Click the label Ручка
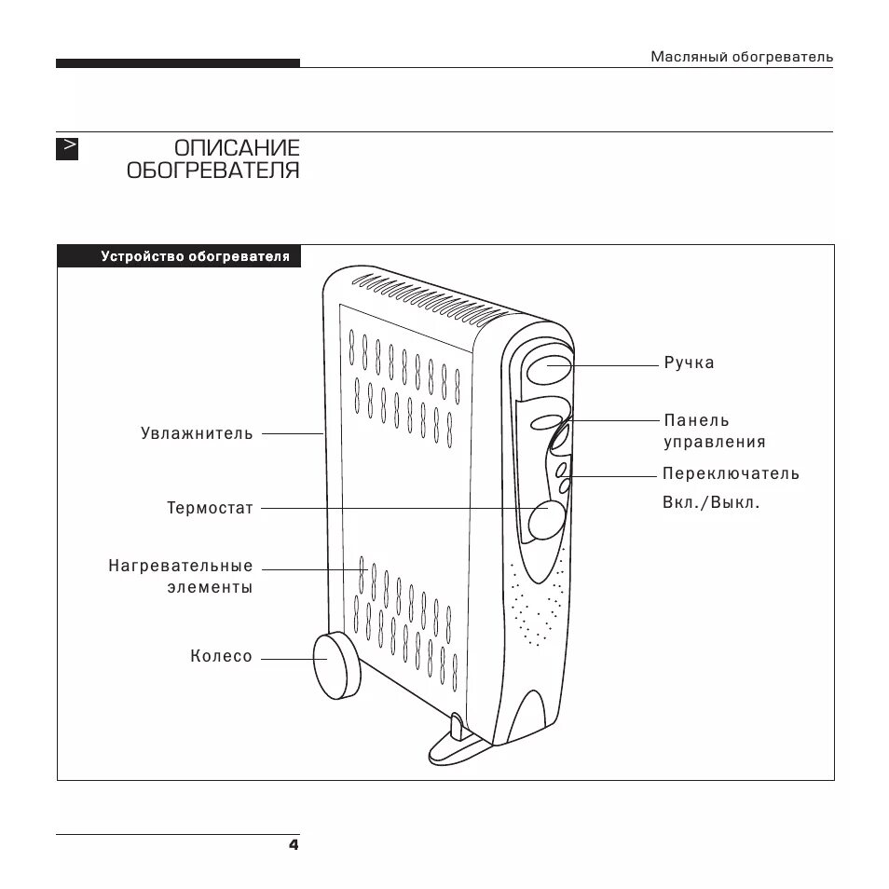[689, 363]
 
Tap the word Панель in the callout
[696, 421]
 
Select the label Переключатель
[731, 473]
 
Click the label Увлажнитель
[197, 433]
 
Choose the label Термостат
[210, 509]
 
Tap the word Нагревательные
[180, 566]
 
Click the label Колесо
[221, 657]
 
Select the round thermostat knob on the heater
[546, 521]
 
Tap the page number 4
[293, 845]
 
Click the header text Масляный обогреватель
[741, 58]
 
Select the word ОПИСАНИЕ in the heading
[237, 148]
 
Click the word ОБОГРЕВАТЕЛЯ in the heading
[213, 171]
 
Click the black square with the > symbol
[67, 148]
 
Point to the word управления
[714, 443]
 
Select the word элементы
[210, 588]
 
